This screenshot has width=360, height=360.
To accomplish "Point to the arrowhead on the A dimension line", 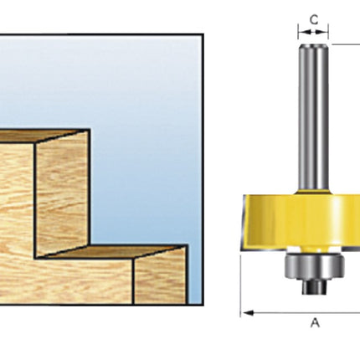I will point(247,313).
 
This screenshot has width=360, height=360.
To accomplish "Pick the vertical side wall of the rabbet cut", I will point(63,193).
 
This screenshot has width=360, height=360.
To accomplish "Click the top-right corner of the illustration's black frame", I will point(203,33).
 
